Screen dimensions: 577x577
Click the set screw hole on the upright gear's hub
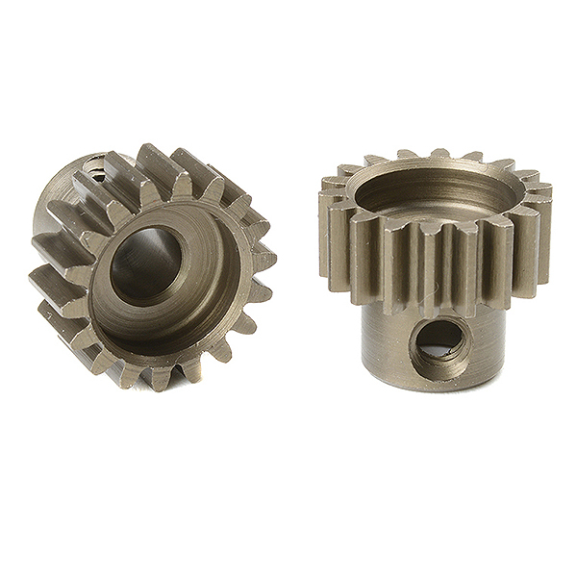coord(439,341)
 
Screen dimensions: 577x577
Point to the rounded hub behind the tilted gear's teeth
coord(58,207)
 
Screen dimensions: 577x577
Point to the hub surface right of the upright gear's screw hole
coord(490,337)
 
